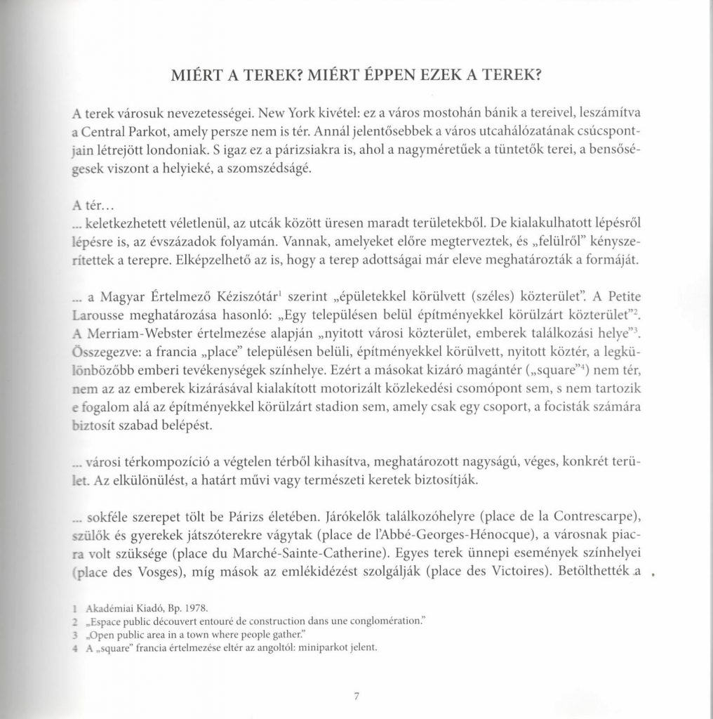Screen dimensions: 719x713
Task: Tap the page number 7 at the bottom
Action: [356, 697]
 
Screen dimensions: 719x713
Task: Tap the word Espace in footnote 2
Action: [105, 622]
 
